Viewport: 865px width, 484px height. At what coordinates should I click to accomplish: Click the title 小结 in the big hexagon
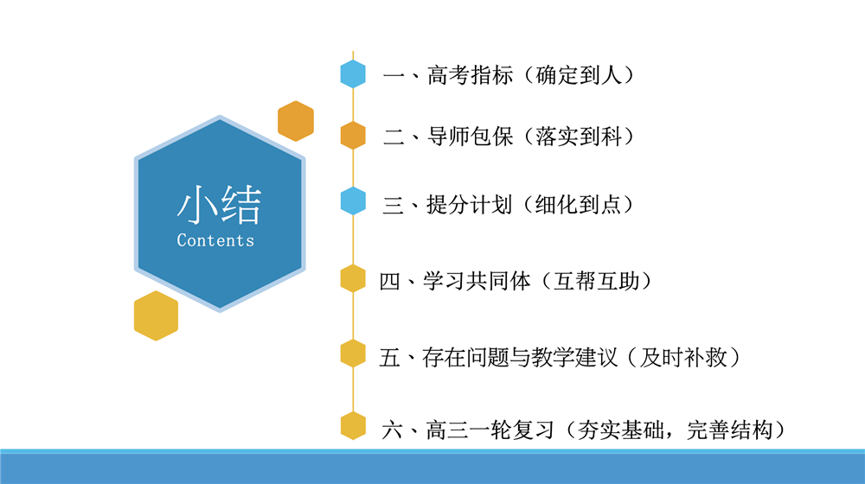(218, 207)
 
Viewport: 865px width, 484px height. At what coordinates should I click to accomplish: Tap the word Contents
(215, 240)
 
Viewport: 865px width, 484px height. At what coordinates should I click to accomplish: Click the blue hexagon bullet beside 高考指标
(353, 74)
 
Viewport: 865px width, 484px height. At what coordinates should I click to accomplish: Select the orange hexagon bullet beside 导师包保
(353, 136)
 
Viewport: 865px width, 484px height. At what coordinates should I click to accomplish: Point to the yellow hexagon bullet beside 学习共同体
(353, 278)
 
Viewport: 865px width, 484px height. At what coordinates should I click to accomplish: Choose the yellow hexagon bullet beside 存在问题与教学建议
(353, 353)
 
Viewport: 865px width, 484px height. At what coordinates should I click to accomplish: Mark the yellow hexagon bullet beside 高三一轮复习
(353, 426)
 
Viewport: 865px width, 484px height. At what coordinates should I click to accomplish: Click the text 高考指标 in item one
(470, 75)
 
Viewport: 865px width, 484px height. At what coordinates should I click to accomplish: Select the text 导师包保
(470, 137)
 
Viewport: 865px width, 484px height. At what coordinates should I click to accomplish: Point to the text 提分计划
(470, 205)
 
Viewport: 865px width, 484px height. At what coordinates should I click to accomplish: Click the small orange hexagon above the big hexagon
(296, 121)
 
